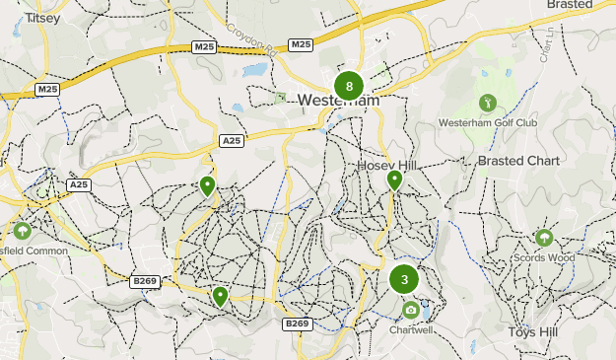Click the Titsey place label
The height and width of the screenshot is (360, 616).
click(42, 19)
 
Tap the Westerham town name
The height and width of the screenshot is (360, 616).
click(337, 101)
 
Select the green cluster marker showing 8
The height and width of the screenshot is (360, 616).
click(349, 86)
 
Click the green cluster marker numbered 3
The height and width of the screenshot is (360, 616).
click(404, 279)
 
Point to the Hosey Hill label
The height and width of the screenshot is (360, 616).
click(389, 165)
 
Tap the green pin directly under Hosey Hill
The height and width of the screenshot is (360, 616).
click(394, 180)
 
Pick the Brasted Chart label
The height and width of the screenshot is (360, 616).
click(518, 161)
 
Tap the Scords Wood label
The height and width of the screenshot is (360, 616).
click(543, 258)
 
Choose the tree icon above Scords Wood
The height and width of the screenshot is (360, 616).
click(543, 238)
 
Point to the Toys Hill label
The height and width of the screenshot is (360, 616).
click(533, 332)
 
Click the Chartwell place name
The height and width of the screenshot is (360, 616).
click(411, 330)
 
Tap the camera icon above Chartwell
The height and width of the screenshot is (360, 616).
click(411, 311)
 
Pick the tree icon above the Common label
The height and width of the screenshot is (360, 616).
click(21, 231)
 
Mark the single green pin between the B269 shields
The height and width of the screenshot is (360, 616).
click(220, 295)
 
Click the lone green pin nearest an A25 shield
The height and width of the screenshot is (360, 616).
click(207, 185)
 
